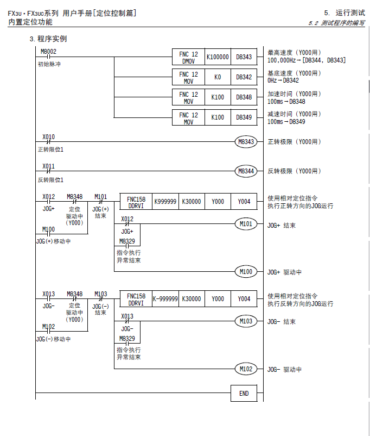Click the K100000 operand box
pyautogui.click(x=218, y=57)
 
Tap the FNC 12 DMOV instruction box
pyautogui.click(x=188, y=57)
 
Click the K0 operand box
pyautogui.click(x=218, y=77)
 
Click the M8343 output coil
pyautogui.click(x=246, y=142)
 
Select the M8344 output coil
pyautogui.click(x=246, y=171)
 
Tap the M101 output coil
pyautogui.click(x=246, y=224)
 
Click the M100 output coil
pyautogui.click(x=246, y=271)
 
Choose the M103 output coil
pyautogui.click(x=246, y=321)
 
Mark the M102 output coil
pyautogui.click(x=246, y=369)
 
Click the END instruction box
pyautogui.click(x=244, y=393)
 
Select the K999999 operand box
pyautogui.click(x=165, y=201)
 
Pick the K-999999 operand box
pyautogui.click(x=165, y=298)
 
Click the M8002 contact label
pyautogui.click(x=48, y=52)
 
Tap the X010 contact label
pyautogui.click(x=48, y=136)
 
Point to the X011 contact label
pyautogui.click(x=48, y=166)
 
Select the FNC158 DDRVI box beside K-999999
pyautogui.click(x=136, y=298)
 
